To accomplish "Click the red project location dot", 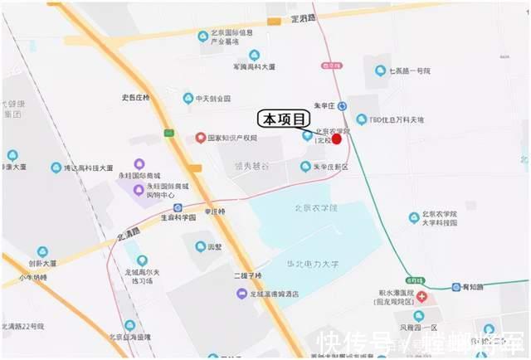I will pyautogui.click(x=336, y=139).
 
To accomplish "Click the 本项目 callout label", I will pyautogui.click(x=281, y=119).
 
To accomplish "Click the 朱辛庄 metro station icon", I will pyautogui.click(x=343, y=107).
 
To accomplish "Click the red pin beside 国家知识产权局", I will pyautogui.click(x=200, y=138).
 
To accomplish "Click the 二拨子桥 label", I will pyautogui.click(x=246, y=275).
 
